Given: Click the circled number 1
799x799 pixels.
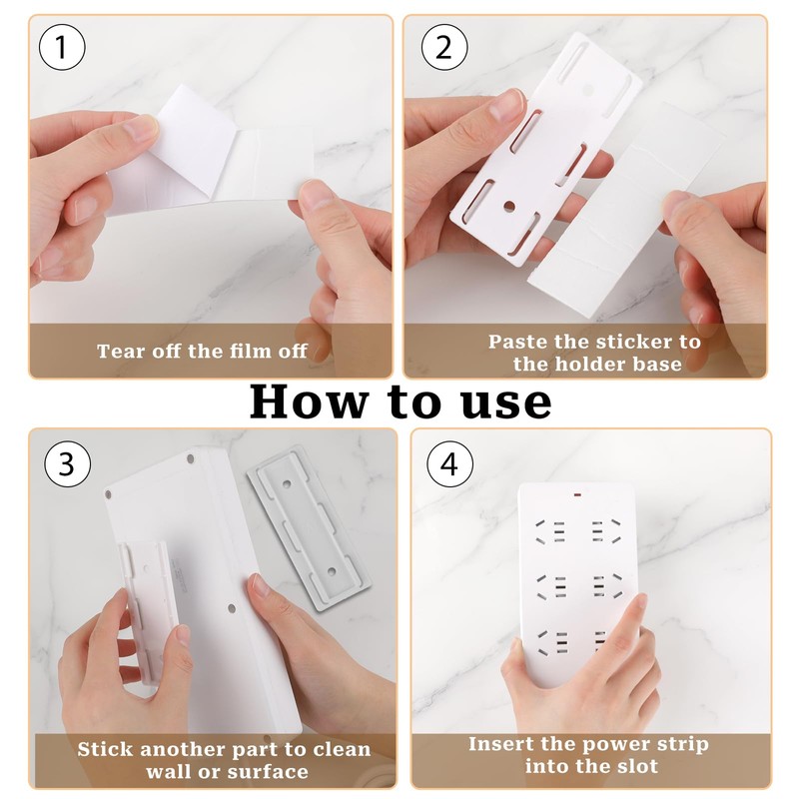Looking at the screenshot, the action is (62, 47).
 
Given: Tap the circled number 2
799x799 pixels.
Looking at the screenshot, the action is (444, 47).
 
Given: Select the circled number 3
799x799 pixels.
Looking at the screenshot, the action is (68, 464).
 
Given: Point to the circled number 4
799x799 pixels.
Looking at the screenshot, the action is (450, 464).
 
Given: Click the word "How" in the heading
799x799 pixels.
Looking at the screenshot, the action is (309, 402).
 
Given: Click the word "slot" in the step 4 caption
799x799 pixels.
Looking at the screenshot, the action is (638, 766).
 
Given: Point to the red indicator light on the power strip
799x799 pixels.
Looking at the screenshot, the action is (578, 494).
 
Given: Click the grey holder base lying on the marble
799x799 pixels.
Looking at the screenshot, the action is (310, 527).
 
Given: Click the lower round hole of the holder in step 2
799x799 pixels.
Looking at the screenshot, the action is (509, 206).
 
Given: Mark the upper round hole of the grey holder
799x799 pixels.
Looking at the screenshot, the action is (287, 482).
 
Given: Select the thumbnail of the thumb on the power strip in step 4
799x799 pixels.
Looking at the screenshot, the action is (639, 602).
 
